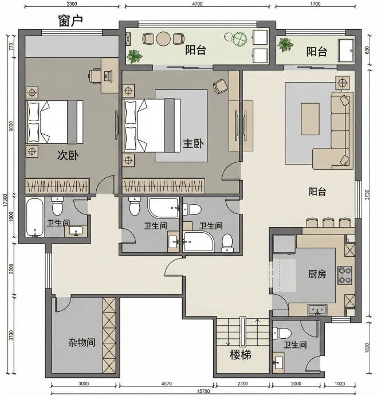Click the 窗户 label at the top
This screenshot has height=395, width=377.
70,21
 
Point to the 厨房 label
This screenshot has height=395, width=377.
317,274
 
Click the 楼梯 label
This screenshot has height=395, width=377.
241,355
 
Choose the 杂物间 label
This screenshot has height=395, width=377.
82,342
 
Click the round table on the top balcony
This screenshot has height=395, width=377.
163,39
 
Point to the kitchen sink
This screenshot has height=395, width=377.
317,310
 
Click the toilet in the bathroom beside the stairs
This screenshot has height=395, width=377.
281,333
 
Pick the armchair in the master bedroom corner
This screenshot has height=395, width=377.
219,86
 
